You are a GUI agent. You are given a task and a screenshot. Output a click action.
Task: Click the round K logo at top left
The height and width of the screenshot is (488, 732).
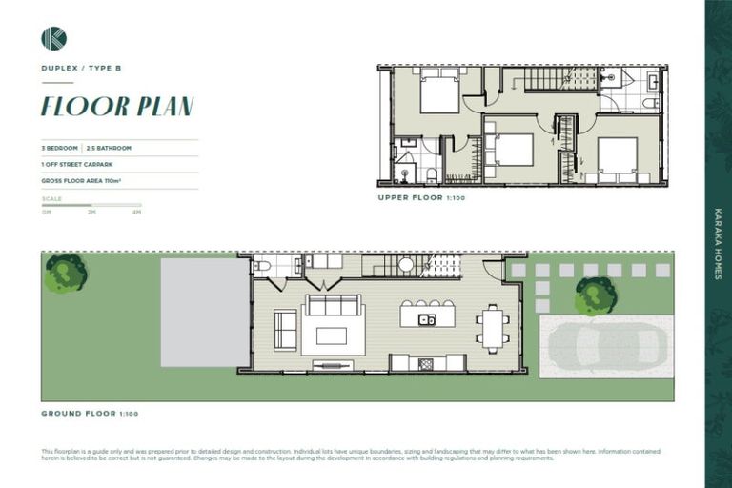[53, 38]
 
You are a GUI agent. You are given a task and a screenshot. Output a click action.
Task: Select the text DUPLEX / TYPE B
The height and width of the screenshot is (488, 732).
[81, 69]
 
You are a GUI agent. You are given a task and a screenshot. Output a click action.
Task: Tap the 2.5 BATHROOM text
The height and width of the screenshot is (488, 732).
[109, 148]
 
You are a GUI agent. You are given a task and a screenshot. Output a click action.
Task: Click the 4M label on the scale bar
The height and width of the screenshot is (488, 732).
[137, 212]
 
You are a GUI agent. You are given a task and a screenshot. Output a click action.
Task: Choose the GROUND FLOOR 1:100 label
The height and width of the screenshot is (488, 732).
[90, 414]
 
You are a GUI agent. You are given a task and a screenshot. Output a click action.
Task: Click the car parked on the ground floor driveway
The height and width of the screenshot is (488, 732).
[606, 345]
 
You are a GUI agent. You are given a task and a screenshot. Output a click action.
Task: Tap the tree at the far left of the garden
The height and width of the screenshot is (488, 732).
[66, 274]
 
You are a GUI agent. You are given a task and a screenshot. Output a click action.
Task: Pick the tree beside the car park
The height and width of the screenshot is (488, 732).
[596, 295]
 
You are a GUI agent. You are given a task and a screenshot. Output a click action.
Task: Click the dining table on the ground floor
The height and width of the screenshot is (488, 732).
[493, 327]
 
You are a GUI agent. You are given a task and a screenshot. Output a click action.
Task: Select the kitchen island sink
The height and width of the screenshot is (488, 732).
[427, 319]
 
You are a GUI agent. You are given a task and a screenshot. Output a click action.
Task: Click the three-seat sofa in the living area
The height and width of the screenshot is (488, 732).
[333, 305]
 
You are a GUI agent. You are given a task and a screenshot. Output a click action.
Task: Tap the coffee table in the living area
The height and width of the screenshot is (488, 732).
[332, 335]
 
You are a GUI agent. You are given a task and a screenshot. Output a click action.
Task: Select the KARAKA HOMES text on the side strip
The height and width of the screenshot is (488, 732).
[718, 243]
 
